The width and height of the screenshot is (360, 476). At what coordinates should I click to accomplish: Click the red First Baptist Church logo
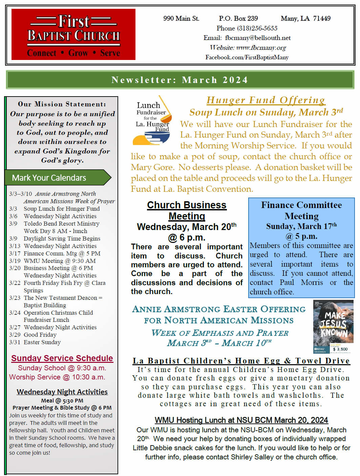click(x=73, y=35)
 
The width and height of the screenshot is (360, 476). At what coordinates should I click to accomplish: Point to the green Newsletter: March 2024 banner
click(x=180, y=80)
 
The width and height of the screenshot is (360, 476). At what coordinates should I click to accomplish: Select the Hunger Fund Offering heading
click(x=266, y=100)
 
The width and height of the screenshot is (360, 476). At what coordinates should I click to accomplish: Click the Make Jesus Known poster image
click(x=333, y=326)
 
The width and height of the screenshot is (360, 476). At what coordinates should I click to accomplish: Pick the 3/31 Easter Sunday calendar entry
click(x=35, y=342)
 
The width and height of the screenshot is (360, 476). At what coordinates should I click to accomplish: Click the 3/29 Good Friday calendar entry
click(x=33, y=335)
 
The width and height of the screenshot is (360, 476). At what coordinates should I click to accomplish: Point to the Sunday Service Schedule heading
click(x=62, y=358)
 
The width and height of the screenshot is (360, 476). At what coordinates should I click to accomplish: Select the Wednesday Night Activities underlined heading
click(x=62, y=392)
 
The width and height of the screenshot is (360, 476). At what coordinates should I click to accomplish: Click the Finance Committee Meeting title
click(x=301, y=210)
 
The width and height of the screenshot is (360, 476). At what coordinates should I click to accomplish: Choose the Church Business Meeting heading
click(x=187, y=210)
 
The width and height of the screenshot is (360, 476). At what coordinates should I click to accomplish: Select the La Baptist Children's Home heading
click(x=241, y=361)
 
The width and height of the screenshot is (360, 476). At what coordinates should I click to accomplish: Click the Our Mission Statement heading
click(x=62, y=104)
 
